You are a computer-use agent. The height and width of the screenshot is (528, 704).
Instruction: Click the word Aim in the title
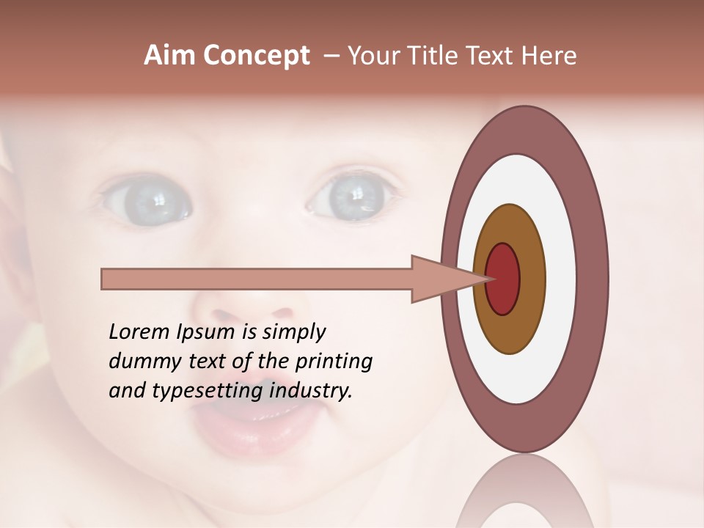click(x=169, y=56)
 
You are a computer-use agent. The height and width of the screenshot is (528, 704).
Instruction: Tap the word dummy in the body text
click(x=141, y=362)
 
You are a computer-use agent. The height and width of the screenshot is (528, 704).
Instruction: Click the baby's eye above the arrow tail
click(x=147, y=199)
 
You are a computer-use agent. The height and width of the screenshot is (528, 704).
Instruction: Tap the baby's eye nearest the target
click(x=356, y=197)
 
